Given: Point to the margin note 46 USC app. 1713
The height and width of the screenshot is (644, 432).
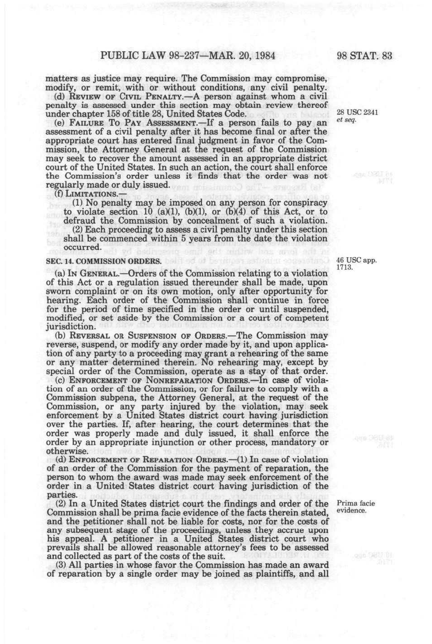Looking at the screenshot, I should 356,264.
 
